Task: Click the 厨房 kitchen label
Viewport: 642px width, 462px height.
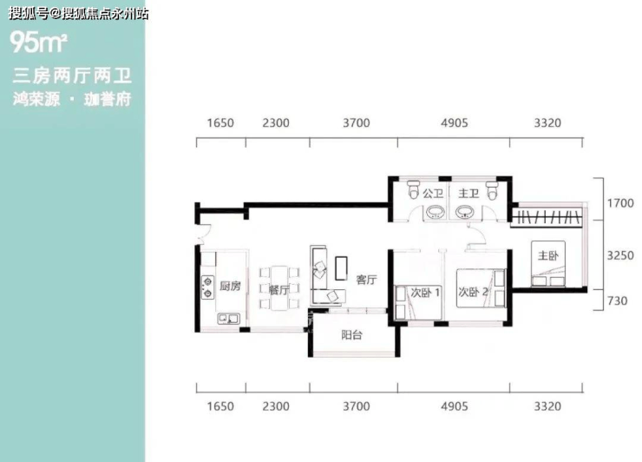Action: (x=230, y=286)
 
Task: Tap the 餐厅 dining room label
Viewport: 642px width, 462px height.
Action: (x=278, y=289)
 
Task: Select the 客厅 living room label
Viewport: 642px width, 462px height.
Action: (x=366, y=280)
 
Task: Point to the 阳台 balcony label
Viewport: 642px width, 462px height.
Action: (x=351, y=335)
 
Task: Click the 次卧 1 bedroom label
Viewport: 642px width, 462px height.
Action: (x=425, y=293)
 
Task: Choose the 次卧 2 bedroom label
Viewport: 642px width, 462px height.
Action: (x=473, y=292)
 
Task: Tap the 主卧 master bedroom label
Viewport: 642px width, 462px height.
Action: (x=547, y=256)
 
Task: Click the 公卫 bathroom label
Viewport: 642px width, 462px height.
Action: (x=433, y=193)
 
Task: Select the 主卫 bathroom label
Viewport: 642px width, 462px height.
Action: (x=468, y=193)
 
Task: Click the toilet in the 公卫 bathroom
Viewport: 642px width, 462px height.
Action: (x=414, y=189)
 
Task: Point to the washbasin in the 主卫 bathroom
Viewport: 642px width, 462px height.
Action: (x=465, y=213)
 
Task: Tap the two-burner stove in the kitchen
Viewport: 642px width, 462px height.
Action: (x=208, y=287)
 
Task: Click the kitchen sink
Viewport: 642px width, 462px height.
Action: (x=229, y=319)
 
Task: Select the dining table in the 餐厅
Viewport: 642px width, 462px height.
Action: (x=279, y=287)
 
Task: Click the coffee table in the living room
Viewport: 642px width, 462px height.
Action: (x=341, y=268)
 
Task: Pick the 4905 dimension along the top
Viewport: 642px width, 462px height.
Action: (x=454, y=123)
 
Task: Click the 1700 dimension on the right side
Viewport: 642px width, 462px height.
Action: (x=620, y=203)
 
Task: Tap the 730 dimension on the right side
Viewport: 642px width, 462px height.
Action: (x=618, y=300)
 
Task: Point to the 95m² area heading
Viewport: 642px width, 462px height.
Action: (x=38, y=43)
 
